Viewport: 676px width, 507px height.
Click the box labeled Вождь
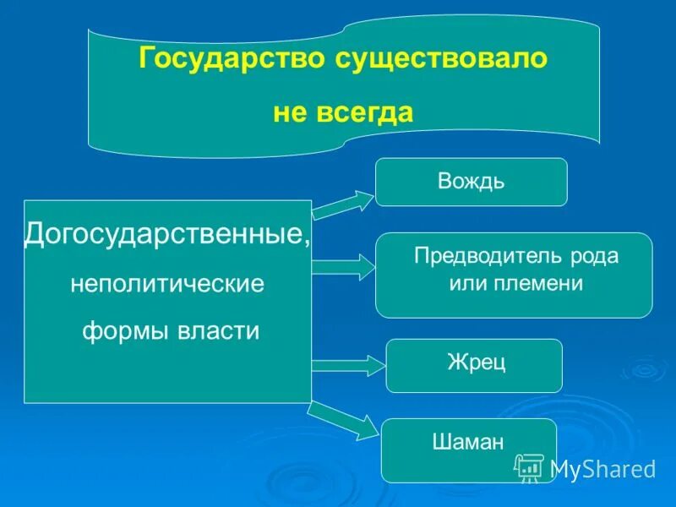pyautogui.click(x=471, y=182)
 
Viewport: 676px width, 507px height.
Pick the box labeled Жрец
pyautogui.click(x=473, y=365)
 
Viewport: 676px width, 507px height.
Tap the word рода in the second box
pyautogui.click(x=595, y=257)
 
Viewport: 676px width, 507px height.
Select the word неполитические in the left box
pyautogui.click(x=166, y=283)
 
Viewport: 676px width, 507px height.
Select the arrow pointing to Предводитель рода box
pyautogui.click(x=342, y=268)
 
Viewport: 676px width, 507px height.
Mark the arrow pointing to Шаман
pyautogui.click(x=342, y=419)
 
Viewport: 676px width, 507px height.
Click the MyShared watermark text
pyautogui.click(x=602, y=469)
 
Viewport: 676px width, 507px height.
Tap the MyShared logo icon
pyautogui.click(x=529, y=467)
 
